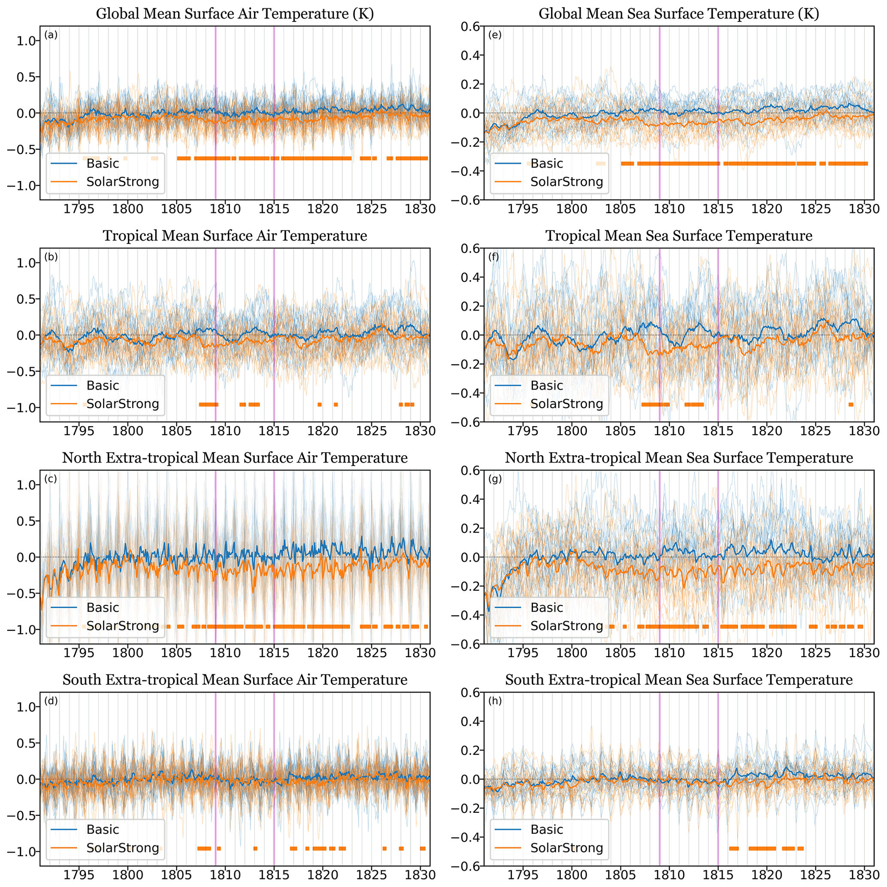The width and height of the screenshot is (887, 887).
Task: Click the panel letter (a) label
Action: coord(51,35)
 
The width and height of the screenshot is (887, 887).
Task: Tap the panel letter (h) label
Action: coord(495,701)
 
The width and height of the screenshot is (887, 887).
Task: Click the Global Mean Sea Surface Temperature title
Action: coord(678,14)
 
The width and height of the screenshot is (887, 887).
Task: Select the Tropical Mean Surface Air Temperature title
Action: coord(235,236)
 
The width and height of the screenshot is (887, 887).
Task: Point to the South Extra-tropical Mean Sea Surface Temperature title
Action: coord(678,679)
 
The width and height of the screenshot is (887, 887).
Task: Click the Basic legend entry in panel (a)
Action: coord(103,163)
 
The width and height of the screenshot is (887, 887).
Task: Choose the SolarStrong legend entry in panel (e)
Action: coord(566,182)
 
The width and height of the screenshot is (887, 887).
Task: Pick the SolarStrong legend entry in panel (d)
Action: coord(123,848)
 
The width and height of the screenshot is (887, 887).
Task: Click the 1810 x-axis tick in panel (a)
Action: coord(225,209)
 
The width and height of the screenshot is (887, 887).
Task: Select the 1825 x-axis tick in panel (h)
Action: coord(815,875)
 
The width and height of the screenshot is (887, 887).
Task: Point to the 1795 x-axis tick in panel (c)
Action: coord(79,653)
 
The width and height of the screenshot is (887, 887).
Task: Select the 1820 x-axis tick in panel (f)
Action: coord(767,431)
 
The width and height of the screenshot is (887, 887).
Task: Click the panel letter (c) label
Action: coord(51,479)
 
